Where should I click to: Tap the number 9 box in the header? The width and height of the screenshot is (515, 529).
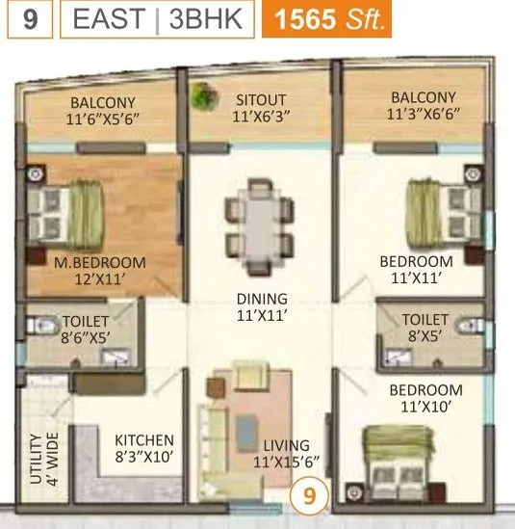[x=32, y=20]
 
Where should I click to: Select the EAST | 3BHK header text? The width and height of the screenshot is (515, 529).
[x=158, y=20]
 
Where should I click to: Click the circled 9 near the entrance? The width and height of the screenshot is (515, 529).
[x=309, y=498]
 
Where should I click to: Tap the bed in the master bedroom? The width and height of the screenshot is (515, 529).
[x=66, y=214]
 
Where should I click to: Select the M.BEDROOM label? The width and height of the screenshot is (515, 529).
[x=100, y=262]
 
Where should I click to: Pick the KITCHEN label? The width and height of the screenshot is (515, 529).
[x=144, y=440]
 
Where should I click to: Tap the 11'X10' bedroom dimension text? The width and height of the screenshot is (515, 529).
[x=425, y=408]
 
